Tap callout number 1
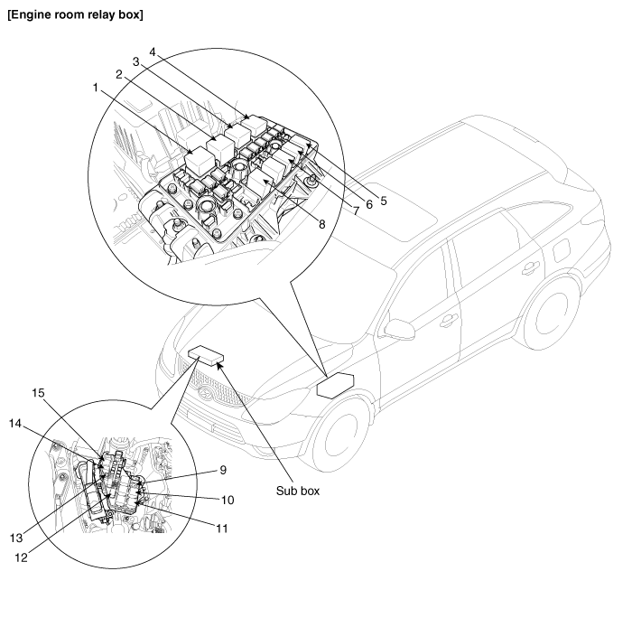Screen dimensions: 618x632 coord(95,88)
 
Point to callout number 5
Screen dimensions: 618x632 coord(384,201)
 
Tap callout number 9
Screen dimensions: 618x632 coord(222,470)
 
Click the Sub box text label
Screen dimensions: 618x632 coord(297,493)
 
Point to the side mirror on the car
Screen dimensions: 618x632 coord(399,327)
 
